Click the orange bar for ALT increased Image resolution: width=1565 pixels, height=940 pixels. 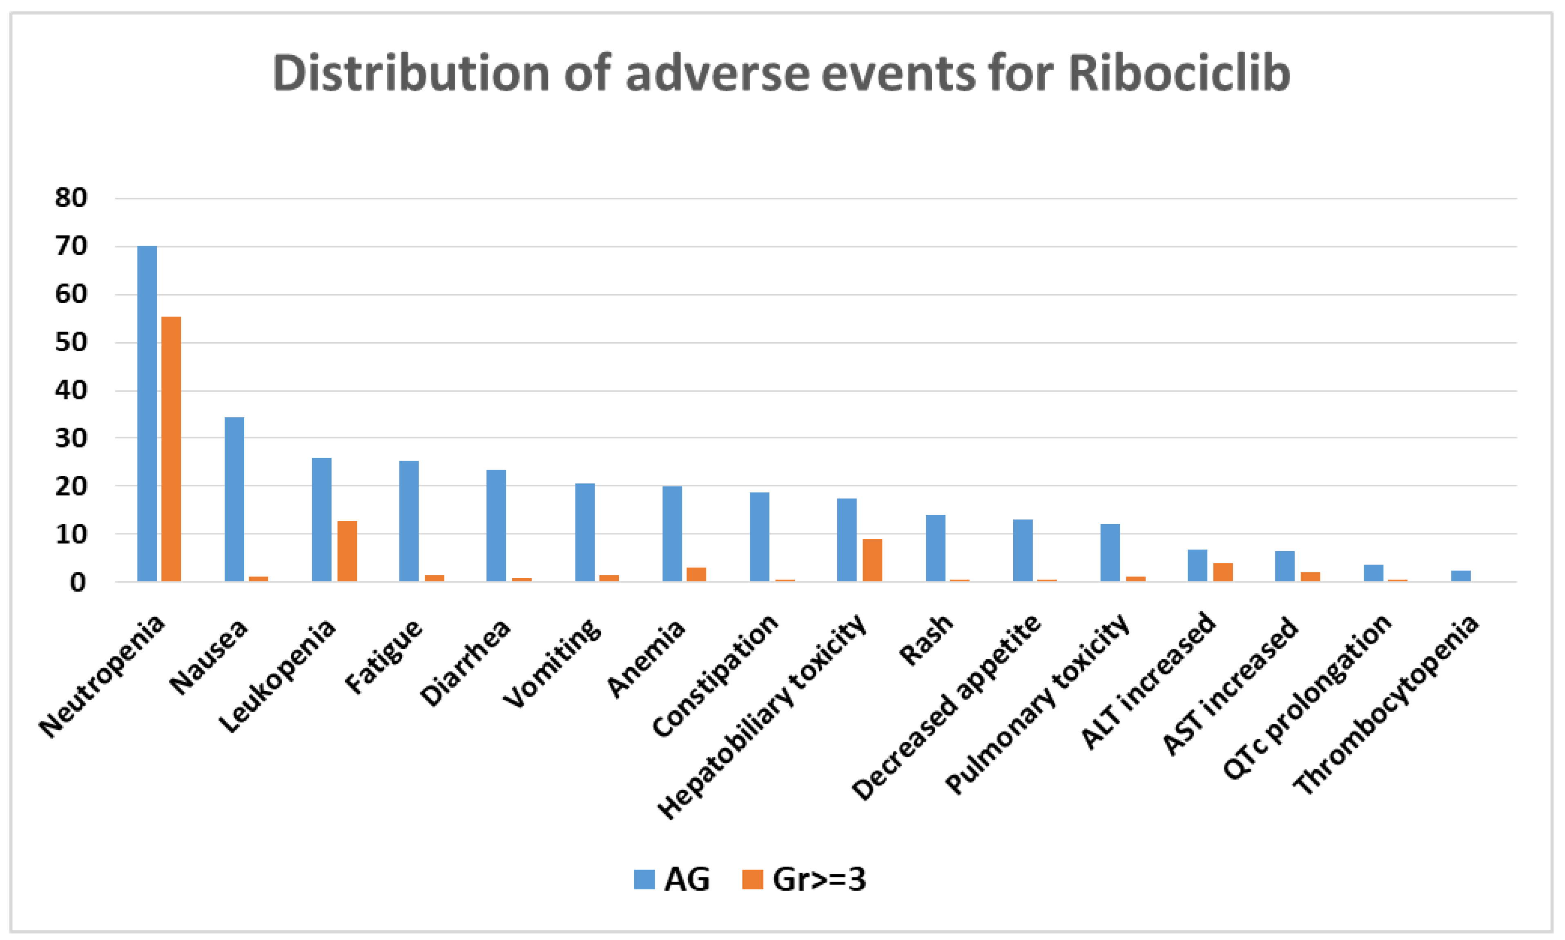(x=1223, y=572)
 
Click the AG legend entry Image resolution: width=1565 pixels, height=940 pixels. (x=672, y=879)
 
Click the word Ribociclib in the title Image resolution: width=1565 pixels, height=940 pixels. (x=1179, y=73)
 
